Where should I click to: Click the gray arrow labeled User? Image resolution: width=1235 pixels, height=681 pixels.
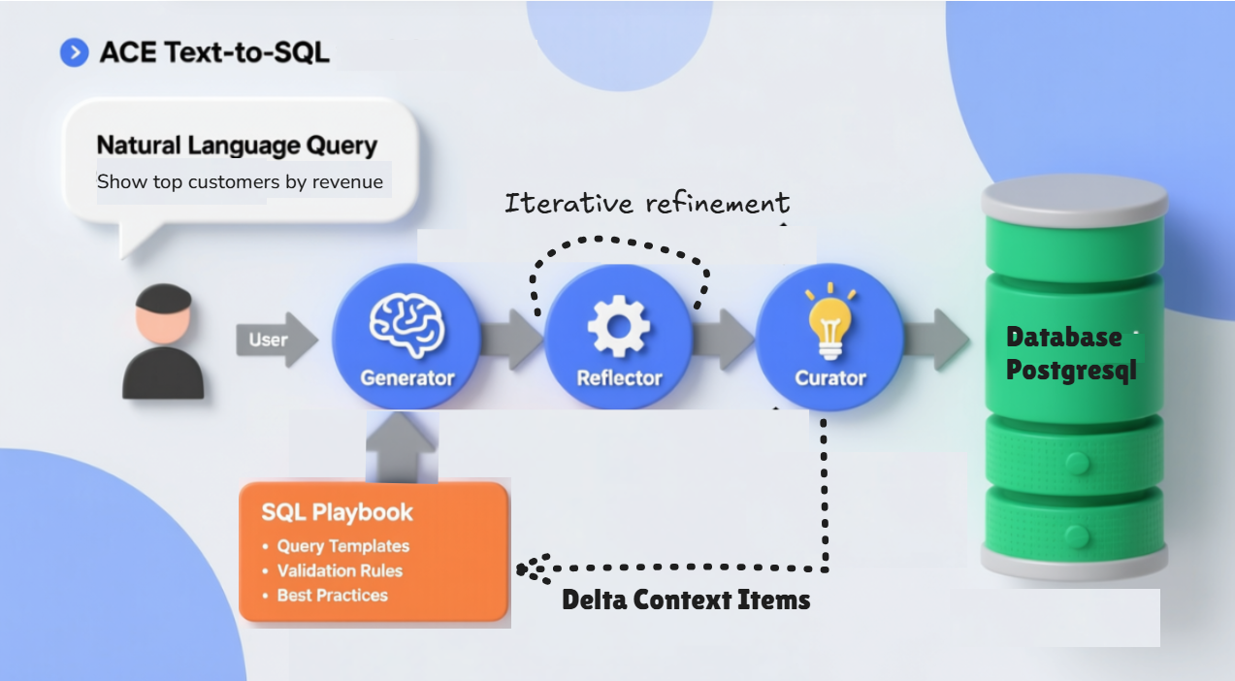[x=276, y=340]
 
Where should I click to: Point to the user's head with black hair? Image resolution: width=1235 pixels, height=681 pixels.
[x=163, y=313]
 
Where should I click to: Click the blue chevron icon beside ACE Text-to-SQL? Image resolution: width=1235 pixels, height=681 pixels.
[x=74, y=52]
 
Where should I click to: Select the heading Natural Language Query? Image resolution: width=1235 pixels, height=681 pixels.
[x=237, y=146]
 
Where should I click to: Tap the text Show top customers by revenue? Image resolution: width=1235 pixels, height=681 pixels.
[x=240, y=182]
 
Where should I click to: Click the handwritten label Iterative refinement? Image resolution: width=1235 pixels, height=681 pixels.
[x=647, y=203]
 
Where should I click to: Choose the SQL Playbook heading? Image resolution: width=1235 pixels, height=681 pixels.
[x=337, y=512]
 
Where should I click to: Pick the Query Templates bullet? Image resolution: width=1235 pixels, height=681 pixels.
[x=342, y=546]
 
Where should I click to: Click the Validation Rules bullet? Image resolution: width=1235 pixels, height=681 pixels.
[x=339, y=571]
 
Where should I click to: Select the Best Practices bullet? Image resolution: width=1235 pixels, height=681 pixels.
[x=332, y=596]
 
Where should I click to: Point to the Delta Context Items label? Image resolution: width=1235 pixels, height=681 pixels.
[x=686, y=600]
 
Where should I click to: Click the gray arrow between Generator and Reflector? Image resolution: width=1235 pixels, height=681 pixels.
[x=511, y=340]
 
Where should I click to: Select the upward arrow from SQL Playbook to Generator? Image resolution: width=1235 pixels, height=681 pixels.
[x=402, y=448]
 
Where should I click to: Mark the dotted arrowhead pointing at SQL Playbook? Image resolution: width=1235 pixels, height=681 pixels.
[x=530, y=568]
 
